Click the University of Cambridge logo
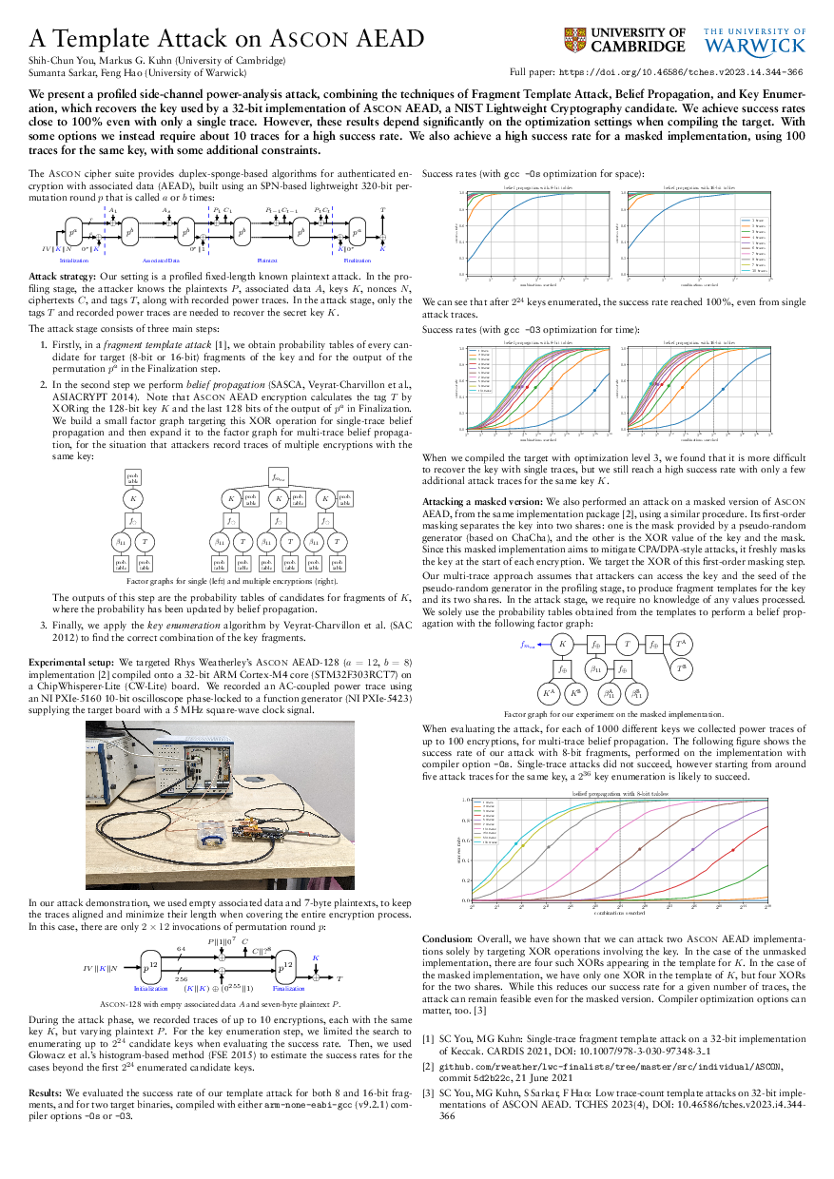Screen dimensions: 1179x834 [x=624, y=40]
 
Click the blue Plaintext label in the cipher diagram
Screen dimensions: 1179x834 [x=267, y=260]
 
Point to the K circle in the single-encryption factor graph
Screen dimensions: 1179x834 [x=134, y=497]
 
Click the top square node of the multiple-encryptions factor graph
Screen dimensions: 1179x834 [x=278, y=477]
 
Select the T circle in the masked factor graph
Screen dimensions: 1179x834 [x=626, y=644]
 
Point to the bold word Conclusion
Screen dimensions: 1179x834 [x=446, y=937]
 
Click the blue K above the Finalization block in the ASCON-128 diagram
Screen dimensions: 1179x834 [x=316, y=957]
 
